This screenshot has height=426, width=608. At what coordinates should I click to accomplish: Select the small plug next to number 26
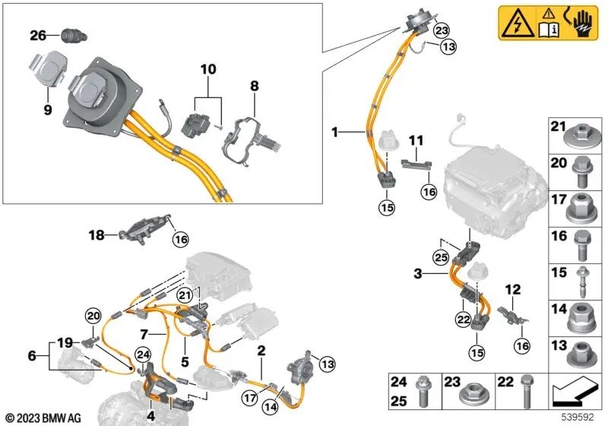tap(71, 35)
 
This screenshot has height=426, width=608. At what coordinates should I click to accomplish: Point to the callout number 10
tap(208, 69)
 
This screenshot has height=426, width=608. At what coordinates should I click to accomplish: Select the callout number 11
tap(416, 141)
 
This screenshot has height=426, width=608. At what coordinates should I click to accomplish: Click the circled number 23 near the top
tap(442, 30)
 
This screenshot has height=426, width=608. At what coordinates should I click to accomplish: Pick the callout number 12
tap(514, 289)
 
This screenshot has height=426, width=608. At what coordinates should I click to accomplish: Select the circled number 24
tap(142, 352)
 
